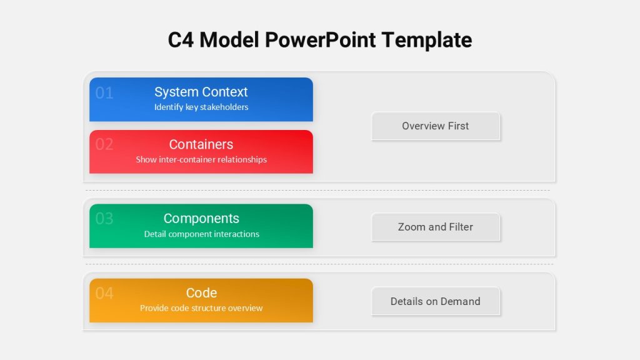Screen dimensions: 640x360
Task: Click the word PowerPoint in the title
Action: pos(321,41)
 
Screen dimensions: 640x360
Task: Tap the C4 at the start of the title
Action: pos(181,40)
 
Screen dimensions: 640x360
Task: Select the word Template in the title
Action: pos(427,41)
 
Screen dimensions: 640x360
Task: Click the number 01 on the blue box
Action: pos(104,93)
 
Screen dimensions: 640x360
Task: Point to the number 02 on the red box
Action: pos(104,144)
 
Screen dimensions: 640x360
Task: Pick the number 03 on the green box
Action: pos(104,219)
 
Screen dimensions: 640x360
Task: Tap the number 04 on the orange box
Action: pos(104,293)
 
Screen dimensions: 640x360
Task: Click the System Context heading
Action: pos(201,92)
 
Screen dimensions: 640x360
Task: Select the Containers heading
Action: pos(201,144)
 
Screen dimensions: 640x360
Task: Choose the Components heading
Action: pos(201,219)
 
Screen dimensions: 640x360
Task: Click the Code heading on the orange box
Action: pos(201,292)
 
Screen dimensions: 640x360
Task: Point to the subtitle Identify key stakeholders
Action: pos(201,107)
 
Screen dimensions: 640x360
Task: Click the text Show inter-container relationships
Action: pos(201,159)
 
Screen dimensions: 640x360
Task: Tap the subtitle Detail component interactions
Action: pos(202,234)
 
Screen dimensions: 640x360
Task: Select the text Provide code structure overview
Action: pos(201,308)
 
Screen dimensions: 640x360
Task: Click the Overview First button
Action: pos(436,126)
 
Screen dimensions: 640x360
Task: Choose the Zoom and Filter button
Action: pos(436,227)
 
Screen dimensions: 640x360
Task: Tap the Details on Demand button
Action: pos(436,301)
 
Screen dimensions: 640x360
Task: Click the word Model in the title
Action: pos(229,40)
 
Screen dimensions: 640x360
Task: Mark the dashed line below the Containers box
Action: pos(317,190)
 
